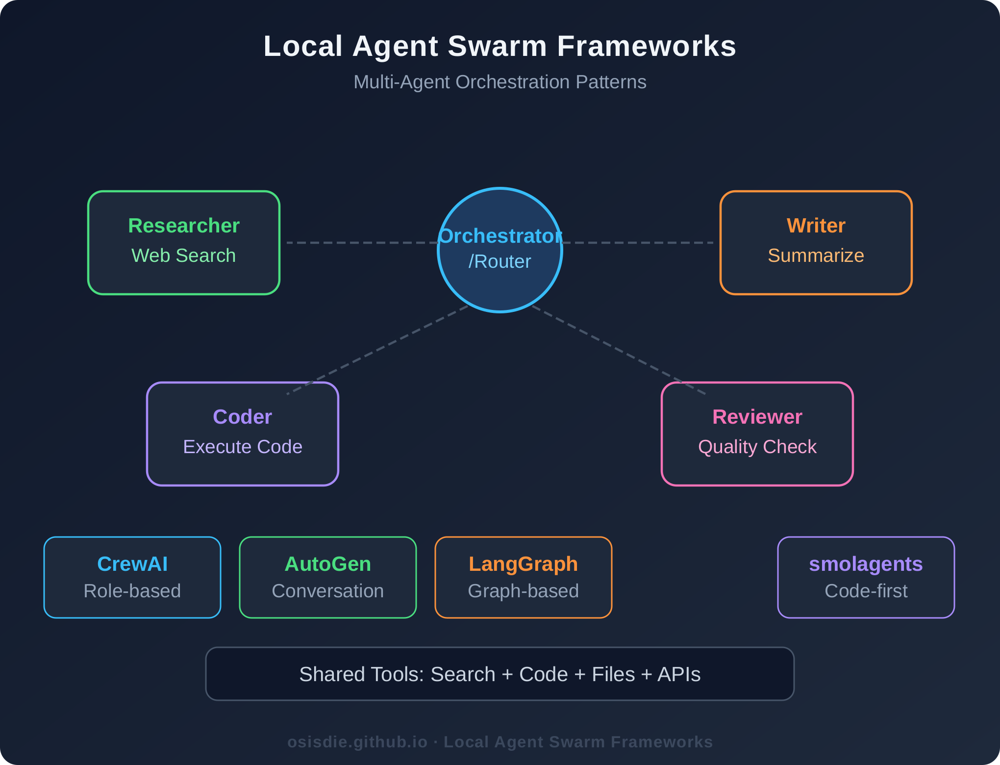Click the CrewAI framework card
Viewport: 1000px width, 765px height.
click(132, 577)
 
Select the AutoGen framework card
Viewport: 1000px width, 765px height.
click(327, 577)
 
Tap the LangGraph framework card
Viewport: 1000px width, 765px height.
click(523, 577)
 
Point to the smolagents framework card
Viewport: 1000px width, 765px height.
click(866, 577)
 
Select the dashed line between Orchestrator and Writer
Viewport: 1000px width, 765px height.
click(637, 243)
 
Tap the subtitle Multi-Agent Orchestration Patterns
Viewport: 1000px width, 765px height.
click(500, 82)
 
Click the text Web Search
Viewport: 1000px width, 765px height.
click(183, 255)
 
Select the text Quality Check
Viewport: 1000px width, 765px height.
click(757, 447)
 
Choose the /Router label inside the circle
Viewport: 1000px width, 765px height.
click(500, 262)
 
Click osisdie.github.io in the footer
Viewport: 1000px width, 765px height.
click(357, 742)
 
